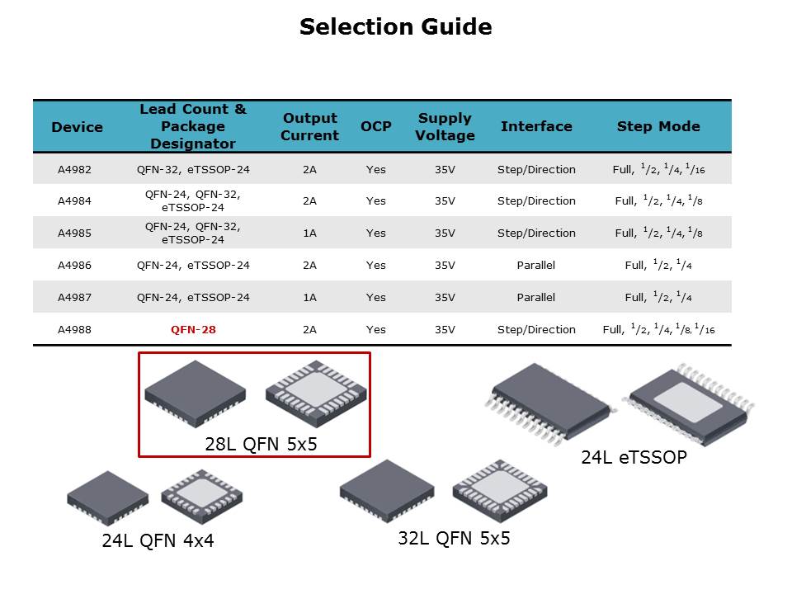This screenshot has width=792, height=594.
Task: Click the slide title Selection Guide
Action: tap(395, 26)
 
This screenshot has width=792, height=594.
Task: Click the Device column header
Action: tap(78, 127)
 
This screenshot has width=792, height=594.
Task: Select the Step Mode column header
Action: tap(658, 126)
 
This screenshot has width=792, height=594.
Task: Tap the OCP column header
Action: tap(376, 126)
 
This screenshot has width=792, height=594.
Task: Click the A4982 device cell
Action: tap(74, 170)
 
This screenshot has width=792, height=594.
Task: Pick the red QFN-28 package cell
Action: tap(193, 330)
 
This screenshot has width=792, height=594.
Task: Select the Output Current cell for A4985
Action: tap(309, 233)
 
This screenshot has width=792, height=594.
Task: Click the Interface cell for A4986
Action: tap(536, 265)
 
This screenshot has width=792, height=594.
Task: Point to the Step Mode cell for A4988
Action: tap(658, 329)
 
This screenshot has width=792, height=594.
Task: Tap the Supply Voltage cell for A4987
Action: tap(445, 298)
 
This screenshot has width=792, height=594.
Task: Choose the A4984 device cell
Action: tap(74, 201)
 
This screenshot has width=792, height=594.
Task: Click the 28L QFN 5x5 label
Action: tap(262, 444)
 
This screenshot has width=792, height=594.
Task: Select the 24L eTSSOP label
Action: tap(634, 457)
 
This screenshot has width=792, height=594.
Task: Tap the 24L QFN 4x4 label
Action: tap(158, 540)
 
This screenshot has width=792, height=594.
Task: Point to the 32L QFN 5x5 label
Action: tap(454, 539)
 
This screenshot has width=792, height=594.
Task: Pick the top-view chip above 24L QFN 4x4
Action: tap(107, 497)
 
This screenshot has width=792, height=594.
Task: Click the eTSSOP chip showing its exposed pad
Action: tap(688, 404)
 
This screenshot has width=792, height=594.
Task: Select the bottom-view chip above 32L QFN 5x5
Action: tap(500, 490)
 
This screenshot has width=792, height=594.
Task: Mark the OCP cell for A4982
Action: tap(376, 170)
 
